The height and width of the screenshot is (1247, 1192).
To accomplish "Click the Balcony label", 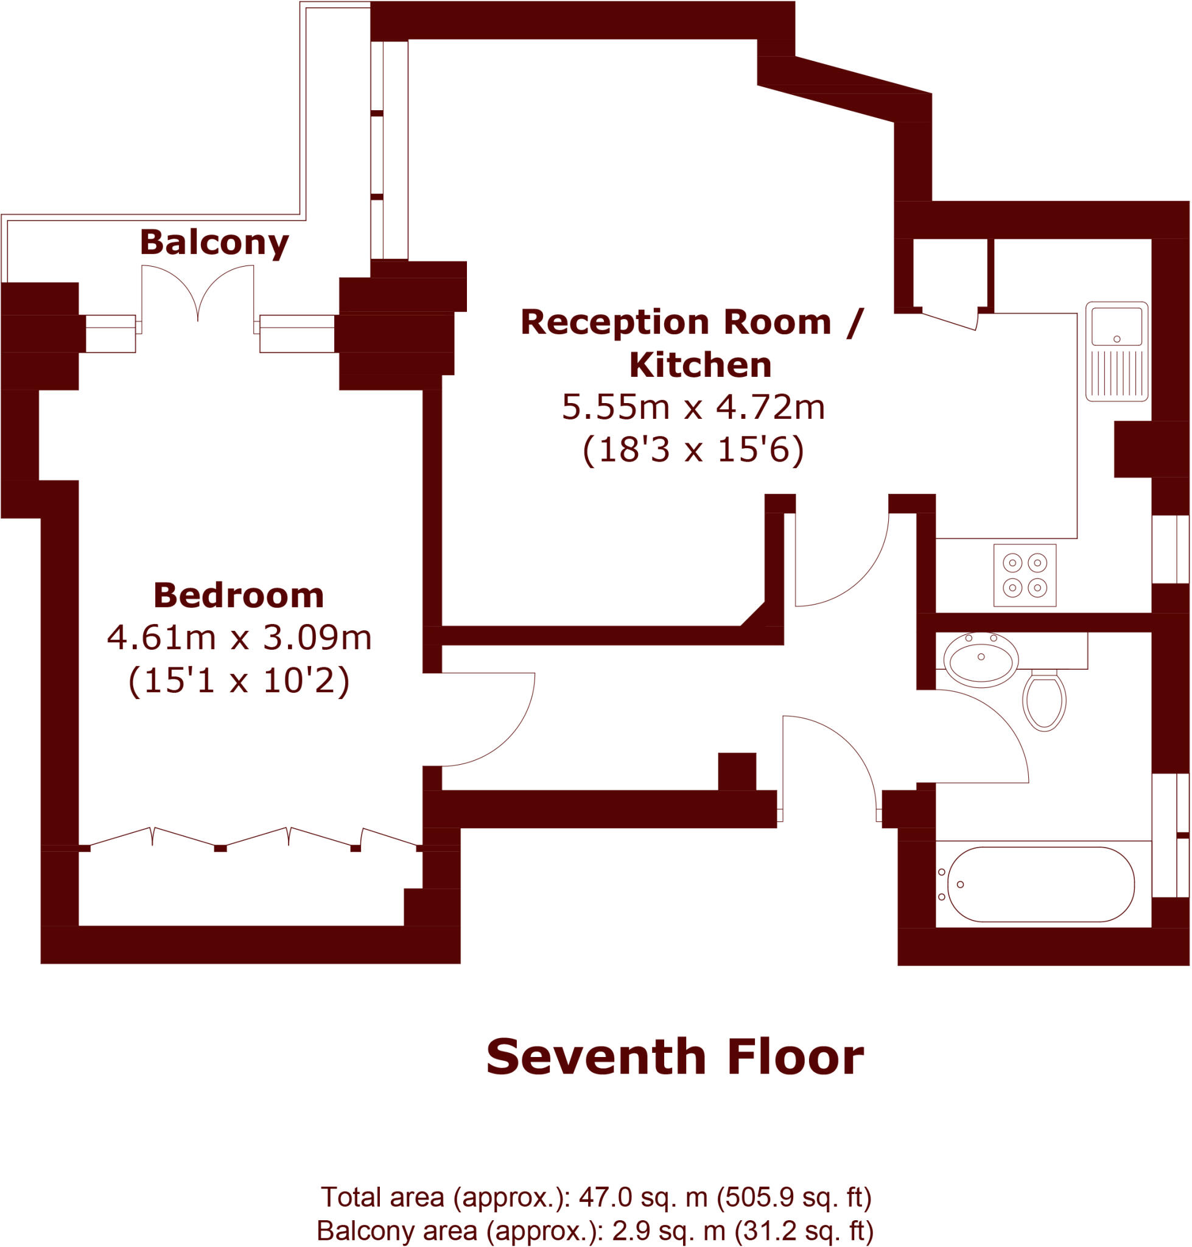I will [214, 242].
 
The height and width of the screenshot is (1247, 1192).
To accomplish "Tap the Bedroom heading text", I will [238, 595].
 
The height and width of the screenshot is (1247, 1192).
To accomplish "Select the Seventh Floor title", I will [675, 1057].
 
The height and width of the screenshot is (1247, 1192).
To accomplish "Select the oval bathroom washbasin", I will [980, 659].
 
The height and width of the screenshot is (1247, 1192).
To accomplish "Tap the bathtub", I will [1040, 884].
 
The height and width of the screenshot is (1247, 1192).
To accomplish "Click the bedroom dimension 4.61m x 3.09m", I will [239, 638].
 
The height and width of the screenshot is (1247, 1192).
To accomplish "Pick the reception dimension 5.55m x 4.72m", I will [693, 407].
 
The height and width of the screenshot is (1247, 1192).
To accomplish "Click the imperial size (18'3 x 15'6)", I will [693, 449].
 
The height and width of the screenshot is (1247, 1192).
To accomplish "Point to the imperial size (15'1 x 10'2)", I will [239, 680].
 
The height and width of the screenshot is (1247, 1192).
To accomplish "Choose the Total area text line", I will [595, 1198].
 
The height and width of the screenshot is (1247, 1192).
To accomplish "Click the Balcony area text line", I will [595, 1231].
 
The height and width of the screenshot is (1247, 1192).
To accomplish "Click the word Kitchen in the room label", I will [700, 365].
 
